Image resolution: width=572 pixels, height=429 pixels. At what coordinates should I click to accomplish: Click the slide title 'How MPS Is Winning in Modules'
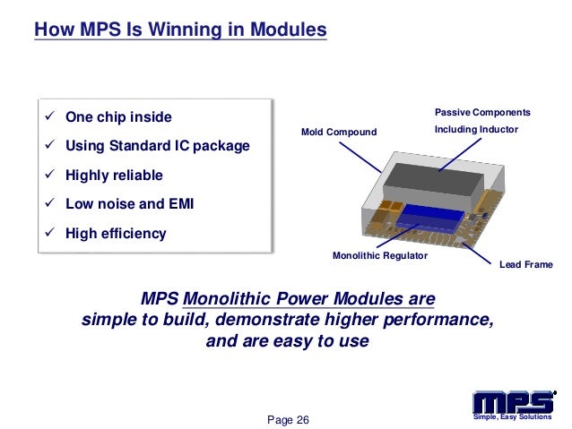179,30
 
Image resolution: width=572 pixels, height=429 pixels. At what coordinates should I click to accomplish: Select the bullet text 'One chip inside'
117,117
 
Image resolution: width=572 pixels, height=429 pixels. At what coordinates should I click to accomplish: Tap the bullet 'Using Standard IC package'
157,146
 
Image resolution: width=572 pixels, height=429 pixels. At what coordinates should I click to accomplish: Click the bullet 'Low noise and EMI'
129,204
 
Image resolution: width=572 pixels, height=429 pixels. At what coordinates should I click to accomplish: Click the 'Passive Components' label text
482,113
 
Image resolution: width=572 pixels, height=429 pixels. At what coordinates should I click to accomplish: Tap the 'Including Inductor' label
476,131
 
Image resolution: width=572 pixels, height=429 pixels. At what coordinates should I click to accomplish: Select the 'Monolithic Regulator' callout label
380,257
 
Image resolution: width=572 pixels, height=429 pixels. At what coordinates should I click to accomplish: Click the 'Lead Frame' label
525,265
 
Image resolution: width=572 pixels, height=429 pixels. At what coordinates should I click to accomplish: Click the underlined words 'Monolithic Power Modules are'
309,297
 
